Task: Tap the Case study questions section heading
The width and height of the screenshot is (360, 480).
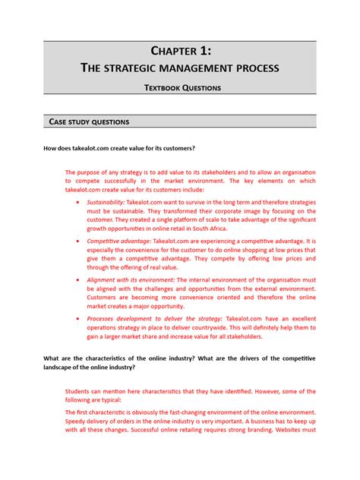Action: pyautogui.click(x=89, y=122)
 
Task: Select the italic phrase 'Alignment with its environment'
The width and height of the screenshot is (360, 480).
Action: pyautogui.click(x=131, y=279)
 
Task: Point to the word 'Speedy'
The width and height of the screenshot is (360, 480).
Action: pyautogui.click(x=78, y=421)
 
